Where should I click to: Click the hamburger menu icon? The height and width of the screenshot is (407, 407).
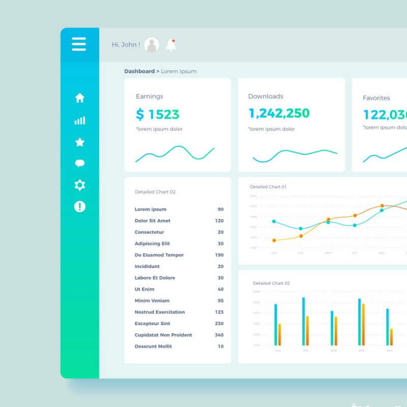tap(79, 44)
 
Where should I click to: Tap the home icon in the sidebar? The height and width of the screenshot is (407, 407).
tap(80, 98)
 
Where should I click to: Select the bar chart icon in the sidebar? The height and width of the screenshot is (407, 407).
tap(80, 121)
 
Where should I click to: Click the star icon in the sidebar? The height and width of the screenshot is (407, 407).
tap(80, 142)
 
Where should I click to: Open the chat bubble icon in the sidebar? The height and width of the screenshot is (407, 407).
tap(80, 163)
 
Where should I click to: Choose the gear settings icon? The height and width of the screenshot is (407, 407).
tap(80, 185)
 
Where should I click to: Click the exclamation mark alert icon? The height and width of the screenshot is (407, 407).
tap(80, 207)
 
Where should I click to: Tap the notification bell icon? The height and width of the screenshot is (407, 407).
tap(171, 45)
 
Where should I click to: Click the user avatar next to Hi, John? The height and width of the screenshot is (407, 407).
tap(152, 45)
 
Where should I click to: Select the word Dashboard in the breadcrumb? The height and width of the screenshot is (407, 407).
tap(139, 71)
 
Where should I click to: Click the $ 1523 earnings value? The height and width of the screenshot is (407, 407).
tap(158, 114)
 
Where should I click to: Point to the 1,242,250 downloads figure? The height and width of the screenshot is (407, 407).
tap(279, 113)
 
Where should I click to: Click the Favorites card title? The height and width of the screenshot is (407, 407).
tap(376, 98)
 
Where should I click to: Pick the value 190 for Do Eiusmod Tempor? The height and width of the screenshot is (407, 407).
tap(219, 255)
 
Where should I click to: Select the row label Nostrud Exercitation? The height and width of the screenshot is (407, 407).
tap(160, 312)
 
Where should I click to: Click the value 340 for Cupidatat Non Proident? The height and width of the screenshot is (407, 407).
tap(219, 335)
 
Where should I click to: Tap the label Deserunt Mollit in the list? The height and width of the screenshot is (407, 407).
tap(153, 346)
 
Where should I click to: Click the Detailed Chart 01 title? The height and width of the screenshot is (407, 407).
tap(268, 187)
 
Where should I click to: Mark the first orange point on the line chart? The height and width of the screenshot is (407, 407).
tap(274, 240)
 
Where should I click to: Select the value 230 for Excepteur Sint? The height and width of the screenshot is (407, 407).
tap(219, 324)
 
